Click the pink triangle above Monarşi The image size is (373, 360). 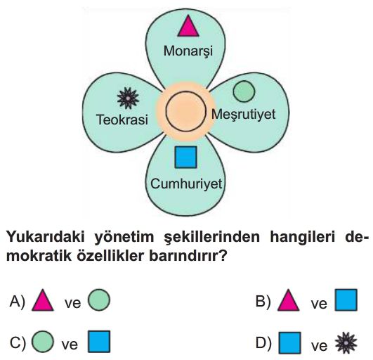click(188, 27)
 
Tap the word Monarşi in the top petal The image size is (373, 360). click(188, 51)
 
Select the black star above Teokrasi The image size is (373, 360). click(128, 98)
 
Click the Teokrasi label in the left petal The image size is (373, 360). click(122, 120)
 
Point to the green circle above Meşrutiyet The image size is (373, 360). click(244, 91)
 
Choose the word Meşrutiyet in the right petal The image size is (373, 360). click(244, 115)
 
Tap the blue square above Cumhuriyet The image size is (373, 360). click(185, 157)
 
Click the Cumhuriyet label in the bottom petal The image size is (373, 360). click(186, 184)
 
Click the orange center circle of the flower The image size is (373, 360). click(185, 111)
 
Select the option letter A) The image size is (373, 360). click(17, 302)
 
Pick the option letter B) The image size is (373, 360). click(263, 302)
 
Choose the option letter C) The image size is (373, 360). click(18, 343)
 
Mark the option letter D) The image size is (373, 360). click(263, 343)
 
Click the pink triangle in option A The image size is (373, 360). click(43, 300)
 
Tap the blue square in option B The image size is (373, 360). click(346, 300)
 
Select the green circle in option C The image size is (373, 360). click(43, 342)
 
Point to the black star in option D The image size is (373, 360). click(346, 343)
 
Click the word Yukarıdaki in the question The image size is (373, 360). click(46, 238)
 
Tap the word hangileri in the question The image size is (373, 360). click(302, 238)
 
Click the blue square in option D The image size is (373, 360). click(290, 343)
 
